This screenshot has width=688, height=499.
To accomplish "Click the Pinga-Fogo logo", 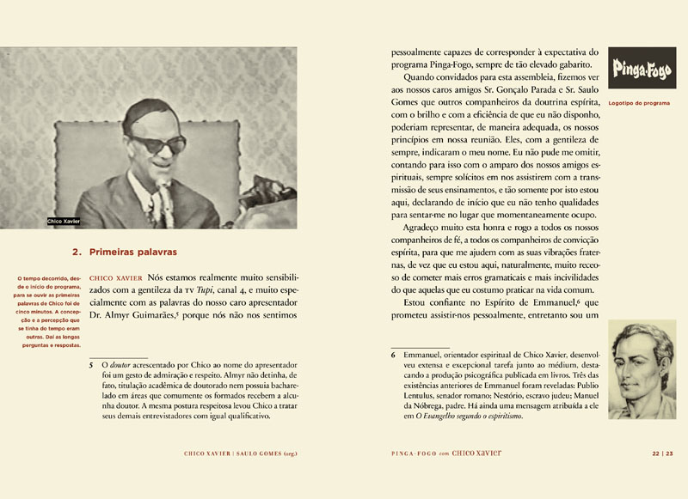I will [637, 70].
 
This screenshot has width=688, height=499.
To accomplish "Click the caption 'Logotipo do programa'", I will [638, 103].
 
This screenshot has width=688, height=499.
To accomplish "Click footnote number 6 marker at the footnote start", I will [393, 354].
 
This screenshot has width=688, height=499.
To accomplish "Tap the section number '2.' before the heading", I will [76, 253].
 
